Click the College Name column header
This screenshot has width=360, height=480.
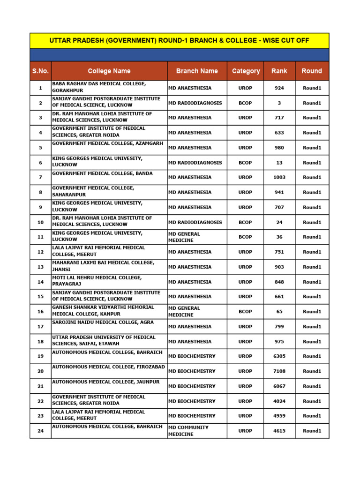[109, 71]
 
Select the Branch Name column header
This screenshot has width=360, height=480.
[197, 71]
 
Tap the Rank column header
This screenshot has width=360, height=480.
[279, 71]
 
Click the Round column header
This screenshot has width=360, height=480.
[312, 71]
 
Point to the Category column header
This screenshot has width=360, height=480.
[246, 71]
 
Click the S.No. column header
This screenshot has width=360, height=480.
[40, 71]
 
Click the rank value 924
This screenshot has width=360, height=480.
[279, 88]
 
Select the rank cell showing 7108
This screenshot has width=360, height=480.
[279, 371]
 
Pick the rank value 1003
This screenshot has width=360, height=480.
[279, 178]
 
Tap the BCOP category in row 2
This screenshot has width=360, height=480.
[245, 103]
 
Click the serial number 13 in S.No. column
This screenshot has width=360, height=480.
[40, 267]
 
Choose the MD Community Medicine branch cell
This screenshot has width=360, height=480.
[188, 431]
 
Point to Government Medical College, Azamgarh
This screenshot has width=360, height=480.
[108, 144]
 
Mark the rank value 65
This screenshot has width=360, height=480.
[279, 312]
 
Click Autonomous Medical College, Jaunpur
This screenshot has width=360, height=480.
[105, 382]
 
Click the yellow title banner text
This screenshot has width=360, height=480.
[179, 41]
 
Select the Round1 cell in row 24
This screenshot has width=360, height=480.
[312, 431]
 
